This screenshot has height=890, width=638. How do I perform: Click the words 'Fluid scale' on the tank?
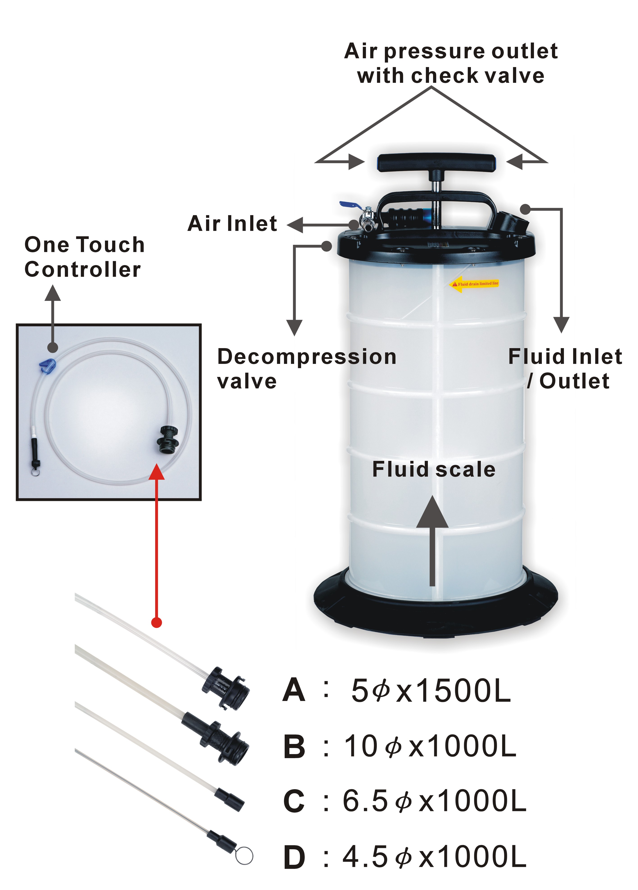pyautogui.click(x=434, y=469)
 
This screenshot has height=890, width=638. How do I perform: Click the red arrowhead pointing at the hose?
pyautogui.click(x=157, y=471)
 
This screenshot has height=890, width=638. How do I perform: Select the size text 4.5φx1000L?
pyautogui.click(x=434, y=857)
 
